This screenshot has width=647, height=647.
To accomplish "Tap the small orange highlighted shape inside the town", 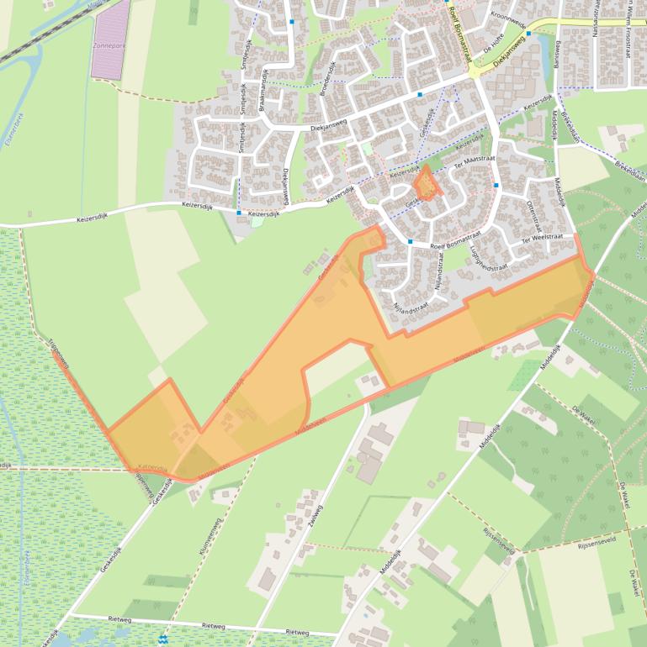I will click(x=427, y=184).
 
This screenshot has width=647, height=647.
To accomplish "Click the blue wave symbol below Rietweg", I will click(x=162, y=639).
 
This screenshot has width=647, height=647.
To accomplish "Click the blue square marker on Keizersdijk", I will click(x=239, y=213).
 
